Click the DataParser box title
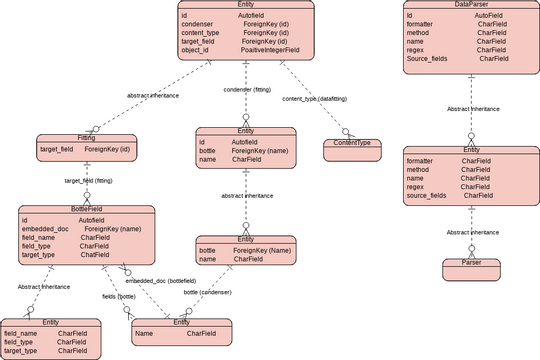[x=471, y=5]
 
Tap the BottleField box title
[x=86, y=209]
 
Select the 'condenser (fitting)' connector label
[x=244, y=90]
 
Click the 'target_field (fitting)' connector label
[x=88, y=180]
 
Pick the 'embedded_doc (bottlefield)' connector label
[x=160, y=281]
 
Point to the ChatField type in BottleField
[x=94, y=255]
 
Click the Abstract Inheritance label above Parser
[x=472, y=232]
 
